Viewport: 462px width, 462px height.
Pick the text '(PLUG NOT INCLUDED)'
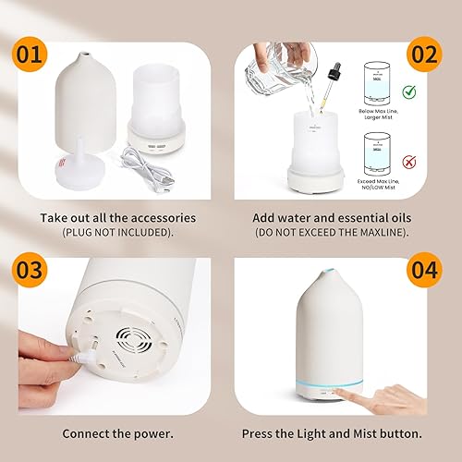[x=117, y=231]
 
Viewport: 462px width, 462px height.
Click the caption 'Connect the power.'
[x=117, y=432]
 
